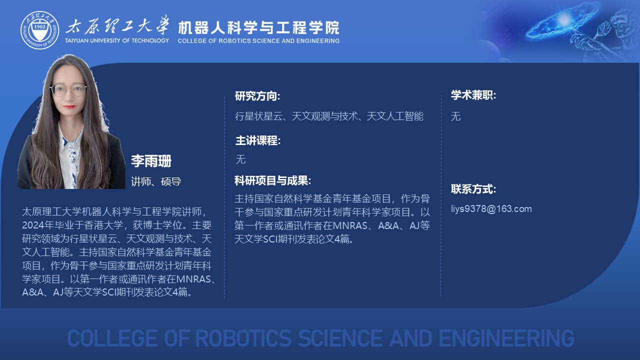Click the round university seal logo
pos(39,30)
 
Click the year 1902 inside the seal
pos(39,26)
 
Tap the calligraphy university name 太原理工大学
pos(117,25)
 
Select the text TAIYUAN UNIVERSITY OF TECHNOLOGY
pos(117,40)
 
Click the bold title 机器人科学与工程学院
pos(258,27)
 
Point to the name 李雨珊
pos(151,161)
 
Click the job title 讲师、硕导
pos(156,181)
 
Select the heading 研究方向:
pos(257,96)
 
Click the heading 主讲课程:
pos(258,140)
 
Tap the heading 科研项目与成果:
pos(273,180)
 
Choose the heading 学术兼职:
pos(473,95)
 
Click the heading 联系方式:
pos(473,189)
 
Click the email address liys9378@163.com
pos(491,209)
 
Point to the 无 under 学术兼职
pos(455,116)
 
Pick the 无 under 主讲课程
pos(240,159)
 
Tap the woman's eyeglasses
pos(68,89)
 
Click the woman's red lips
pos(69,107)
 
